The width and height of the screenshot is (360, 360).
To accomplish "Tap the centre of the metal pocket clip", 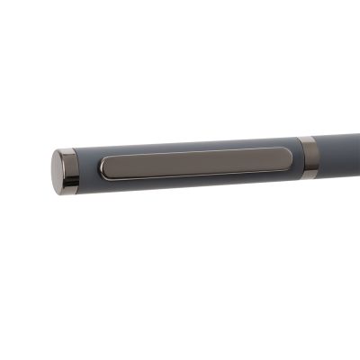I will coord(196,163).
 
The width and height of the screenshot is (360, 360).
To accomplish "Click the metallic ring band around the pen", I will coord(308,157).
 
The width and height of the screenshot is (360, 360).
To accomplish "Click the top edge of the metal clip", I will coord(196,152).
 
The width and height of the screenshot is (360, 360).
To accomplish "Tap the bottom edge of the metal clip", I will coord(196,175).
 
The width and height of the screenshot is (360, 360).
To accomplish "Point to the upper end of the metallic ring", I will coord(307,139).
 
